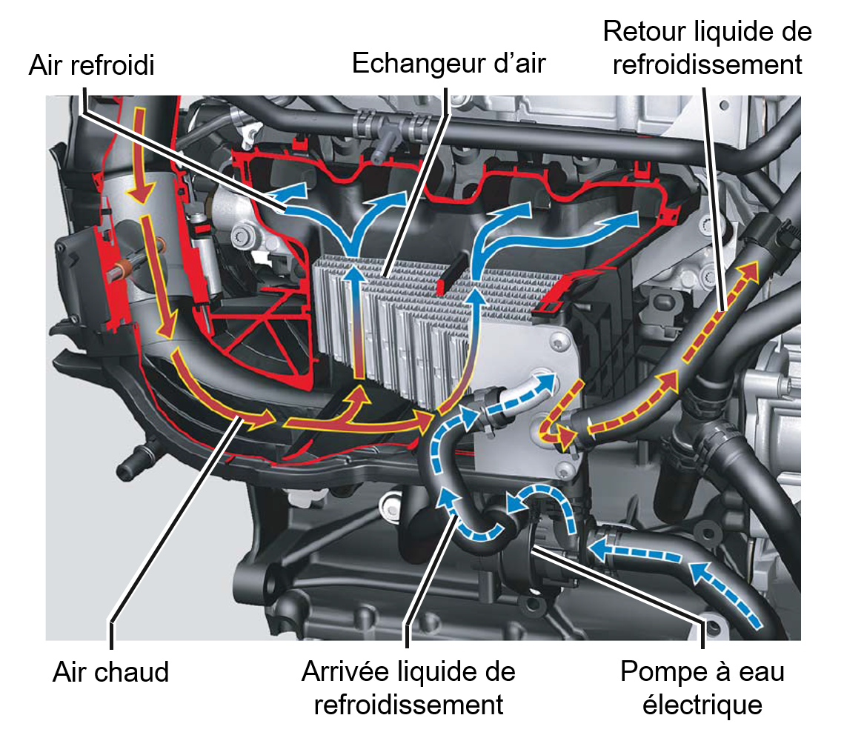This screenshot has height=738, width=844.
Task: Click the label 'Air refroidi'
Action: pos(91,66)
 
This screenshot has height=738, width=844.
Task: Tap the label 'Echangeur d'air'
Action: pos(448,63)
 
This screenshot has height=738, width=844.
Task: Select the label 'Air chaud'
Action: pos(111,672)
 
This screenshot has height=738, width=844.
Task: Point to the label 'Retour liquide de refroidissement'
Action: pos(708,48)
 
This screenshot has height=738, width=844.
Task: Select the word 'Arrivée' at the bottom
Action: pos(346,672)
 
